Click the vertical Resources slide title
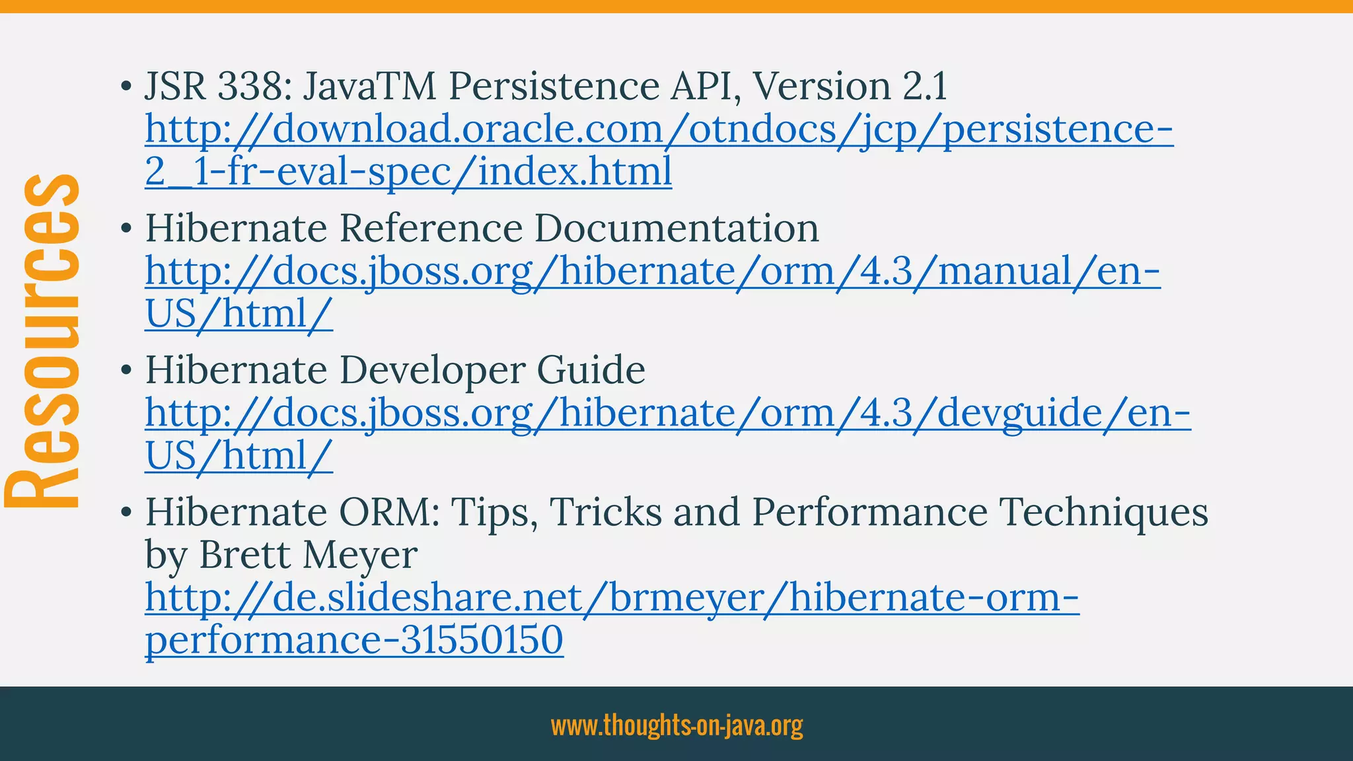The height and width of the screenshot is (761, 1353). (43, 340)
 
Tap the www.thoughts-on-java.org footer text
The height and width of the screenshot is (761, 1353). (676, 725)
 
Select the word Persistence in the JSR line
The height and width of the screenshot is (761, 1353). (554, 87)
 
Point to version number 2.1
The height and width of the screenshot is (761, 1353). (924, 87)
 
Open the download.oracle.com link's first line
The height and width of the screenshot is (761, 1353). (659, 129)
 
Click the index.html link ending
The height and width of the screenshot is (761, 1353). (575, 171)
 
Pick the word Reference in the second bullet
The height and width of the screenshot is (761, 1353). (431, 229)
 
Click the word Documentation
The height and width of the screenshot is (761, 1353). (676, 229)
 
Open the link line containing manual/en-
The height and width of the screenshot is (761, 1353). (652, 272)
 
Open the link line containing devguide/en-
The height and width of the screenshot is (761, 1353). (667, 414)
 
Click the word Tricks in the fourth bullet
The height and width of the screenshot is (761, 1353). (605, 512)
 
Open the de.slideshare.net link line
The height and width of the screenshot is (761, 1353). (612, 597)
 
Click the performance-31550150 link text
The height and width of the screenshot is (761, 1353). (354, 640)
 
